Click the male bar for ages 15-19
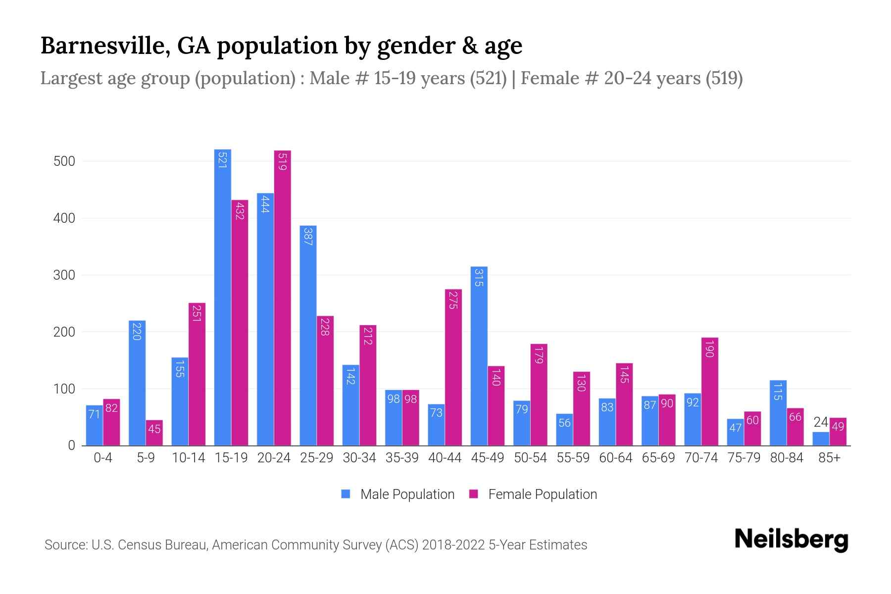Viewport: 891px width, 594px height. pyautogui.click(x=222, y=297)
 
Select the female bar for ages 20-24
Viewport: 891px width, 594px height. pyautogui.click(x=282, y=297)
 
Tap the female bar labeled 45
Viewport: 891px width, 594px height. pyautogui.click(x=154, y=433)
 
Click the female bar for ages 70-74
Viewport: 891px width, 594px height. pyautogui.click(x=709, y=391)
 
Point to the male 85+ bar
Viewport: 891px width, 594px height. pyautogui.click(x=820, y=439)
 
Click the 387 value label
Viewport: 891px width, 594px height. pyautogui.click(x=308, y=237)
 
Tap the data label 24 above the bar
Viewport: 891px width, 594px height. pyautogui.click(x=820, y=422)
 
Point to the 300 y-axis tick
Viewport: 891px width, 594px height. pyautogui.click(x=64, y=275)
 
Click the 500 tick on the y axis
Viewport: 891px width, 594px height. pyautogui.click(x=64, y=161)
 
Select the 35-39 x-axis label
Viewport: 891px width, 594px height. pyautogui.click(x=401, y=458)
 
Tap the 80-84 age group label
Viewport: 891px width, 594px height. pyautogui.click(x=786, y=458)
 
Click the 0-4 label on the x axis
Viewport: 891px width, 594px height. pyautogui.click(x=102, y=458)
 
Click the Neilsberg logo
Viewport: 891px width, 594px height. pyautogui.click(x=791, y=540)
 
